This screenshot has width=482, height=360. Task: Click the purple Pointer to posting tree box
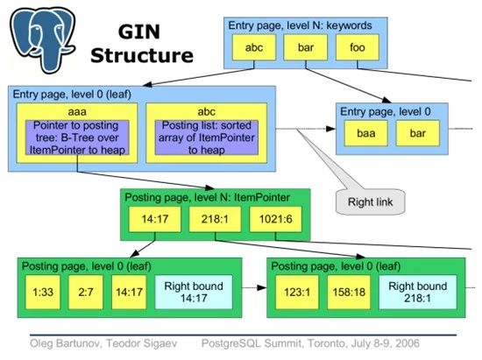pos(76,138)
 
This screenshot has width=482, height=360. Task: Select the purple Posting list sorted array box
pos(208,138)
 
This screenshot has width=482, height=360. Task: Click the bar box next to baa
pos(417,133)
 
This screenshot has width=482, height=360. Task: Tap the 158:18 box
pos(349,290)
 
